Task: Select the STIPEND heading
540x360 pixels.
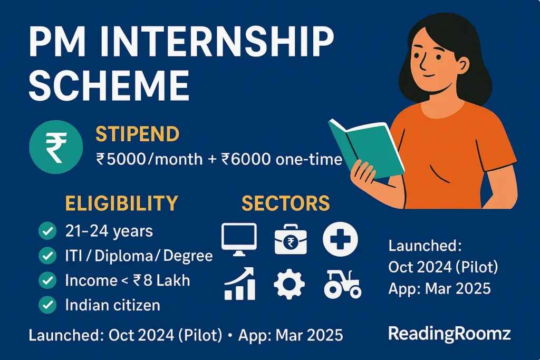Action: [x=137, y=134]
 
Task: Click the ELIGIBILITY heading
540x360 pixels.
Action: [x=121, y=203]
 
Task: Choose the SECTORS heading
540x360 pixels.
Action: [x=286, y=203]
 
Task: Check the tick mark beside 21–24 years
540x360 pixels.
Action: [x=48, y=231]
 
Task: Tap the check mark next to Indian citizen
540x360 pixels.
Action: [x=48, y=305]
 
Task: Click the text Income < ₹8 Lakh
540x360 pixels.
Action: [x=128, y=280]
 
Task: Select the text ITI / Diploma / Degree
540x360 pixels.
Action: [x=139, y=256]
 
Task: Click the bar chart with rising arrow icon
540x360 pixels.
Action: [x=240, y=284]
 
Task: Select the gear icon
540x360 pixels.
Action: [x=290, y=285]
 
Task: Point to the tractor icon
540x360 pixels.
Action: [x=342, y=284]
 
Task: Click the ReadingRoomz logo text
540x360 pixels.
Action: [x=449, y=333]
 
